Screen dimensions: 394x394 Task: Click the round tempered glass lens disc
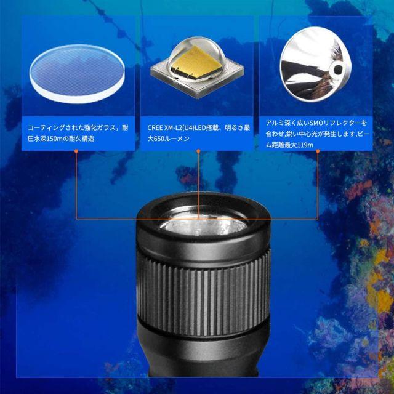[x=77, y=74]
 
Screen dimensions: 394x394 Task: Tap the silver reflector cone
[x=315, y=64]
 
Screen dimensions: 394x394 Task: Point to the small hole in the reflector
[x=338, y=68]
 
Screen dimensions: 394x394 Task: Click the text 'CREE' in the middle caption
[x=155, y=127]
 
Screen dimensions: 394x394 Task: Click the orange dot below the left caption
[x=76, y=151]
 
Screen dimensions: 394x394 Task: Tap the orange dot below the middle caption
[x=198, y=151]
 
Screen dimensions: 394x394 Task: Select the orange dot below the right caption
[x=318, y=151]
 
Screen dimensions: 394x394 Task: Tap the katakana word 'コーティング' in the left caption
[x=46, y=127]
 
